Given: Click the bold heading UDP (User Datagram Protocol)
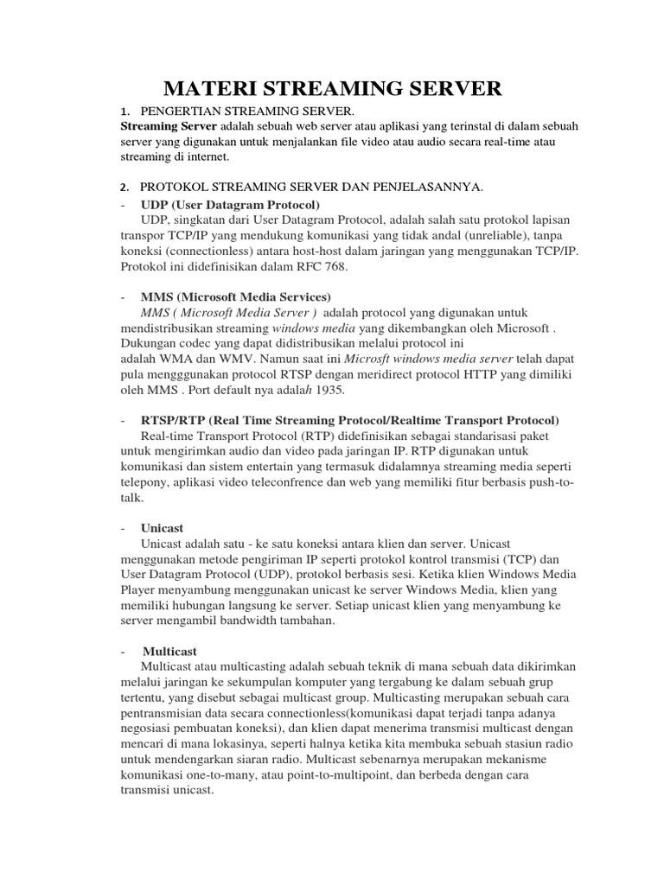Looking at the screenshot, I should coord(230,205).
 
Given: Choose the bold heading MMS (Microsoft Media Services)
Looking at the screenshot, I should coord(235,296).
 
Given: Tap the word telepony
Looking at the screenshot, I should coord(144,483).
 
